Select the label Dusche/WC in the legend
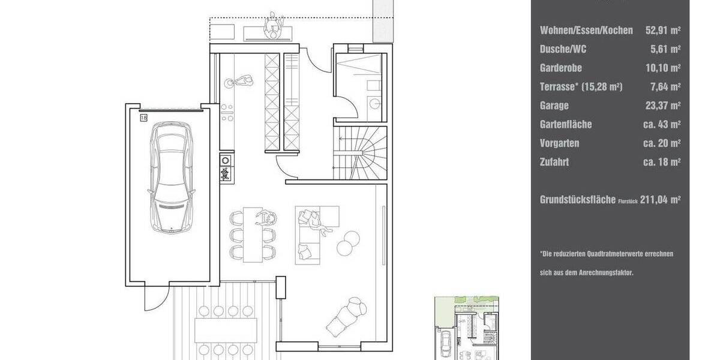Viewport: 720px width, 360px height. [x=563, y=49]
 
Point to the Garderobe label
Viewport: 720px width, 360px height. [x=561, y=68]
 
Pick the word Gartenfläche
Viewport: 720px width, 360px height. [x=566, y=124]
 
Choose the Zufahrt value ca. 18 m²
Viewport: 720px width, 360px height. [x=661, y=162]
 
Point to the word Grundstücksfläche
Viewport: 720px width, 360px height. [x=577, y=200]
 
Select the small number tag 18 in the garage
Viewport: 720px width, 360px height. [x=143, y=118]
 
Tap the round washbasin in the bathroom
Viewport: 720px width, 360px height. [x=375, y=104]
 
